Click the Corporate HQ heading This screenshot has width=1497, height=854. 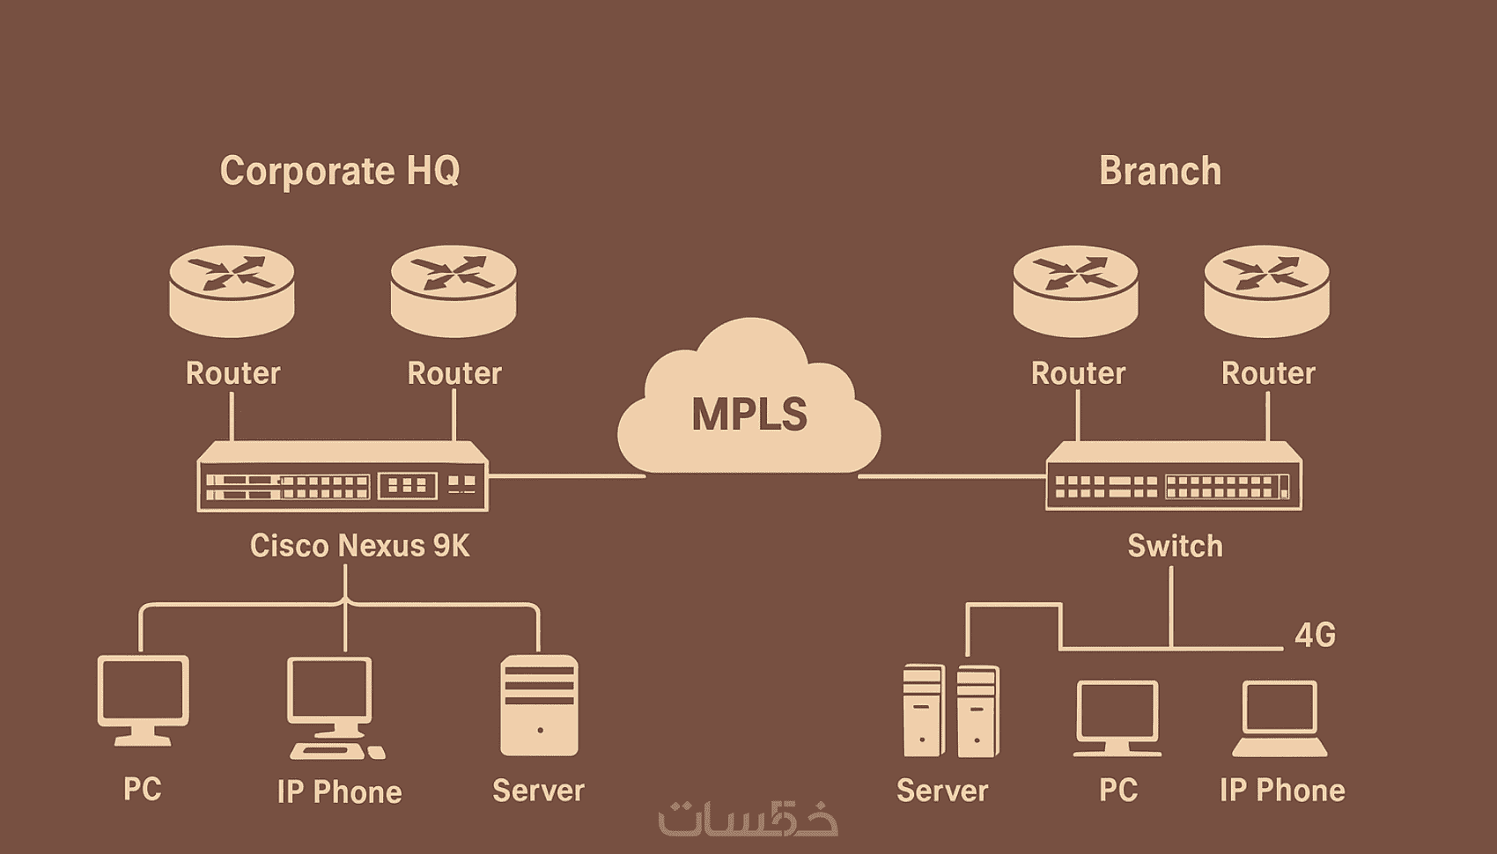[340, 171]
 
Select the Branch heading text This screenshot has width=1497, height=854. [1160, 171]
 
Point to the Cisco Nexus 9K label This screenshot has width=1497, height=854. [359, 546]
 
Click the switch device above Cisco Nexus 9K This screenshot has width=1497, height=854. [343, 476]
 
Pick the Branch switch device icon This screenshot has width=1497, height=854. [1173, 476]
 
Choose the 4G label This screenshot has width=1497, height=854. [1315, 635]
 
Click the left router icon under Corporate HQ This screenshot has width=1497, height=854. [232, 291]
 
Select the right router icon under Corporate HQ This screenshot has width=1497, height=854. [454, 291]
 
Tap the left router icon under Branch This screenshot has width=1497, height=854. [1075, 291]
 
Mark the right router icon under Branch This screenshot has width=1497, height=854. [1266, 291]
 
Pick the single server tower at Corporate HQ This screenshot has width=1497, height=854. [539, 705]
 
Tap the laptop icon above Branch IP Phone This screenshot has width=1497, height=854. [1279, 718]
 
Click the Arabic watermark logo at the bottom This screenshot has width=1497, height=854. [748, 818]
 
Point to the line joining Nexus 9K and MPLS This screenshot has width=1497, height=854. [566, 476]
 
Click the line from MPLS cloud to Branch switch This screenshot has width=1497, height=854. [951, 476]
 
